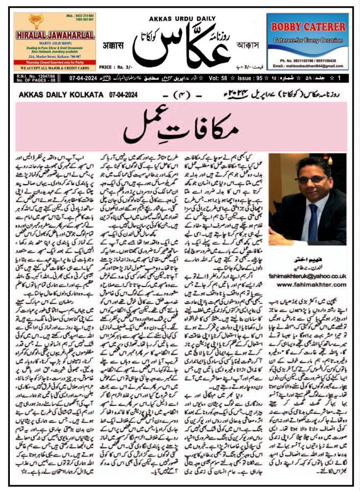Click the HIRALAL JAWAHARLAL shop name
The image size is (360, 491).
pyautogui.click(x=55, y=34)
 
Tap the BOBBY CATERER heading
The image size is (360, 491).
pyautogui.click(x=307, y=27)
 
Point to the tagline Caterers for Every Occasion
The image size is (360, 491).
pyautogui.click(x=307, y=41)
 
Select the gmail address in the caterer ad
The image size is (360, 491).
pyautogui.click(x=307, y=65)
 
